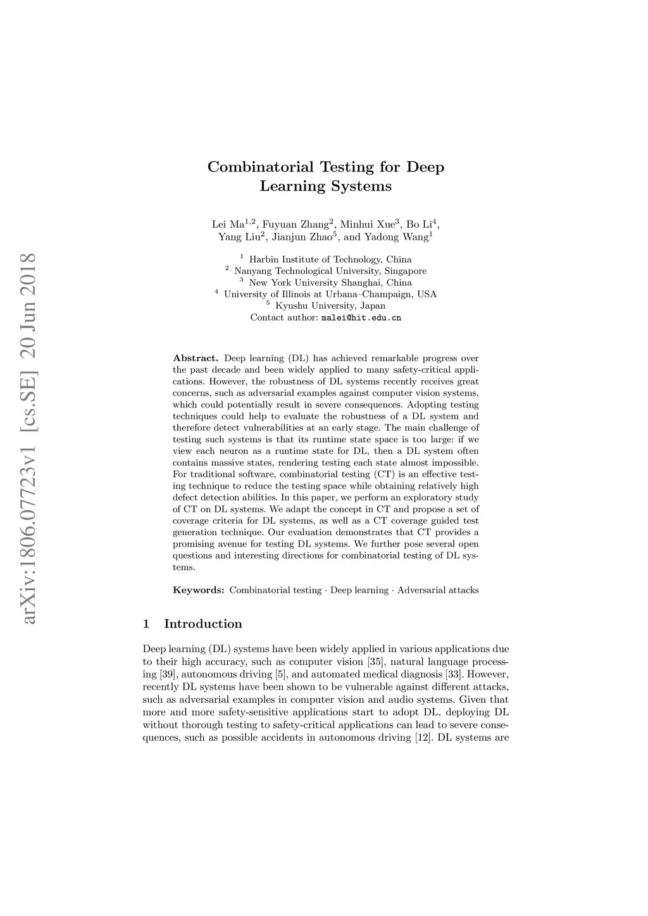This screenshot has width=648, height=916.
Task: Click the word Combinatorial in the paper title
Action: pos(261,168)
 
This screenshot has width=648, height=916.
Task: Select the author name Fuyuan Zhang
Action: pos(296,225)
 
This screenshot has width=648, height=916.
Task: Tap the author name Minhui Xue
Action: pos(368,225)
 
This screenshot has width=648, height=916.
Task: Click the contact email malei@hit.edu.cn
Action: pos(361,318)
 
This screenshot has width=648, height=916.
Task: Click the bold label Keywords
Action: pos(198,590)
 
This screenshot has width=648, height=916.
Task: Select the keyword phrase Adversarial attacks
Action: pos(438,590)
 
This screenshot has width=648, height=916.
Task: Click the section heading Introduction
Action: pos(202,624)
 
